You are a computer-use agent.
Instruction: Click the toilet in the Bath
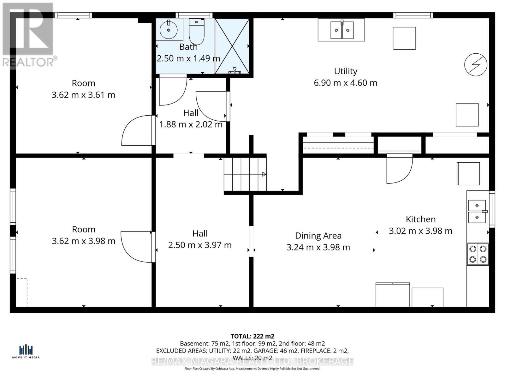tap(197, 32)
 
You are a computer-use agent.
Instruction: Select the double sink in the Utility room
tap(342, 30)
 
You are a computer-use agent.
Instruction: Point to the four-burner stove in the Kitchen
tap(478, 254)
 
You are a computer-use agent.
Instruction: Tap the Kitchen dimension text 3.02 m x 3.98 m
tap(420, 231)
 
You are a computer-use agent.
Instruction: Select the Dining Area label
tap(318, 236)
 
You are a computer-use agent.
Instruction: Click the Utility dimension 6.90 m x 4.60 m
tap(345, 83)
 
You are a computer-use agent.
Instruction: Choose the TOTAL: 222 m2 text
tap(252, 336)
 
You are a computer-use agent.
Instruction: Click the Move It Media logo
tap(26, 352)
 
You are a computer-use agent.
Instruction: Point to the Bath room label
tap(188, 47)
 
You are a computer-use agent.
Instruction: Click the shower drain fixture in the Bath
tap(235, 70)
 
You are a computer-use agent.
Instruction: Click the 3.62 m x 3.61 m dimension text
tap(83, 95)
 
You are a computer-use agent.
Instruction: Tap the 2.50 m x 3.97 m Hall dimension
tap(200, 245)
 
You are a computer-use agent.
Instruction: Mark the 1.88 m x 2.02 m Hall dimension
tap(191, 124)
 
